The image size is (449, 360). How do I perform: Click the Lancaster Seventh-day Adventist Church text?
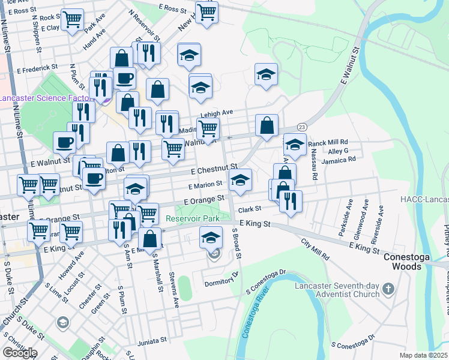click(337, 290)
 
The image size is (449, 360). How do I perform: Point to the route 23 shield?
click(301, 127)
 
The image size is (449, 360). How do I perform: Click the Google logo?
click(20, 352)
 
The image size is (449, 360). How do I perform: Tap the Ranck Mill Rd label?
click(328, 143)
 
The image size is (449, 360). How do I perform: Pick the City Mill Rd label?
click(316, 248)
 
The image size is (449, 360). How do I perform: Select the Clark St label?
click(251, 209)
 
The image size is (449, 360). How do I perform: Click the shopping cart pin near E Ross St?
click(206, 12)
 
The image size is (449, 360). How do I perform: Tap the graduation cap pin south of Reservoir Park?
click(211, 238)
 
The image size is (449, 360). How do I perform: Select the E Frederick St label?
click(37, 67)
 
